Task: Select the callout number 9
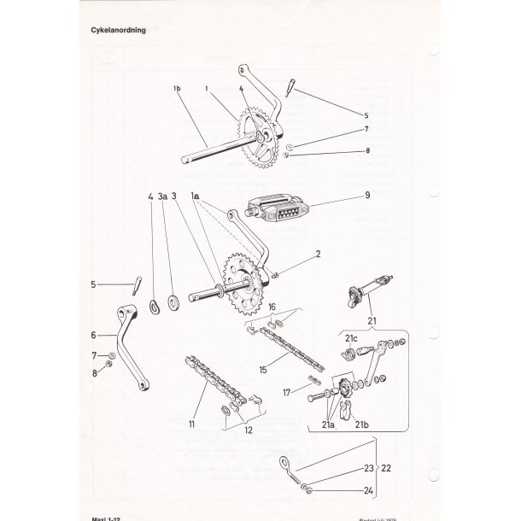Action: pyautogui.click(x=366, y=195)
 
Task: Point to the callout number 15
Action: pyautogui.click(x=264, y=370)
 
